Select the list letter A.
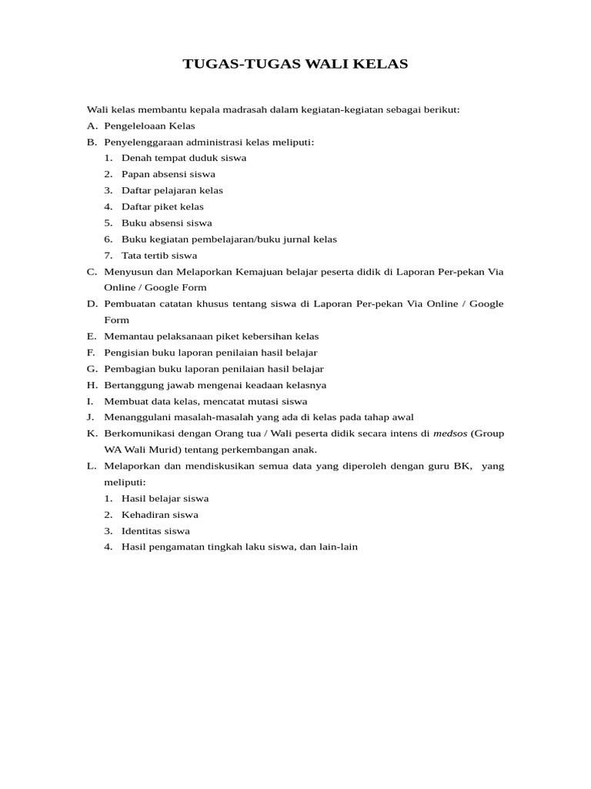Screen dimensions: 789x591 coord(92,126)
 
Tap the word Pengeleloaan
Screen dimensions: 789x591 coord(135,126)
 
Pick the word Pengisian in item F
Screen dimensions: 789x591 coord(125,352)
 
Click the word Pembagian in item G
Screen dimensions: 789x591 coord(127,368)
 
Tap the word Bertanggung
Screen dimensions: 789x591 coord(132,384)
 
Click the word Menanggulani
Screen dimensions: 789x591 coord(134,417)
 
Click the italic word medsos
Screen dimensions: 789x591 coord(449,433)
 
